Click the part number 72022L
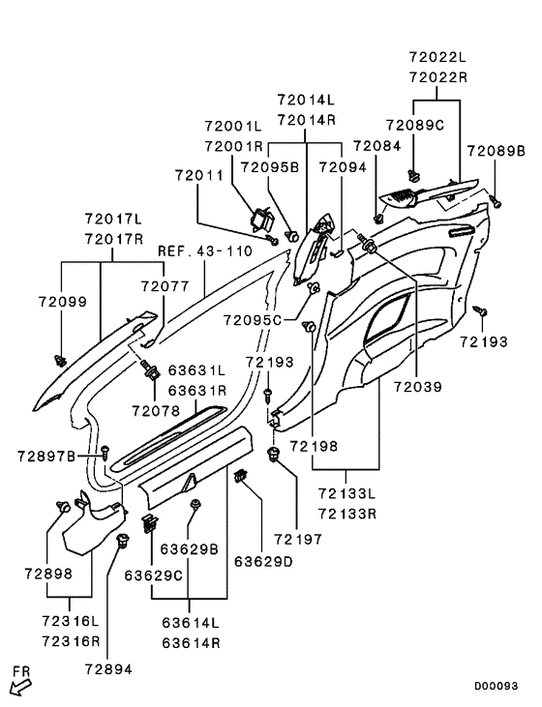pos(437,57)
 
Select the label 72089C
pos(415,126)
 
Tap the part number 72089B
pos(496,151)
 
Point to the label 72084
pos(376,146)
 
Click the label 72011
pos(199,175)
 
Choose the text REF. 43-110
pos(205,251)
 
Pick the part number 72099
pos(63,302)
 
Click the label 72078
pos(156,411)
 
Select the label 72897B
pos(46,457)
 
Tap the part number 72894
pos(108,669)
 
